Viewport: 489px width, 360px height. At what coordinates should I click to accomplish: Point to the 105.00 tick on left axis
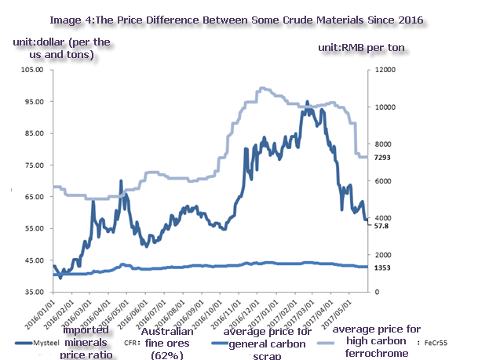point(30,70)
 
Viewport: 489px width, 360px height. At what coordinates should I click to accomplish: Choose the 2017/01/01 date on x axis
point(262,312)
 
